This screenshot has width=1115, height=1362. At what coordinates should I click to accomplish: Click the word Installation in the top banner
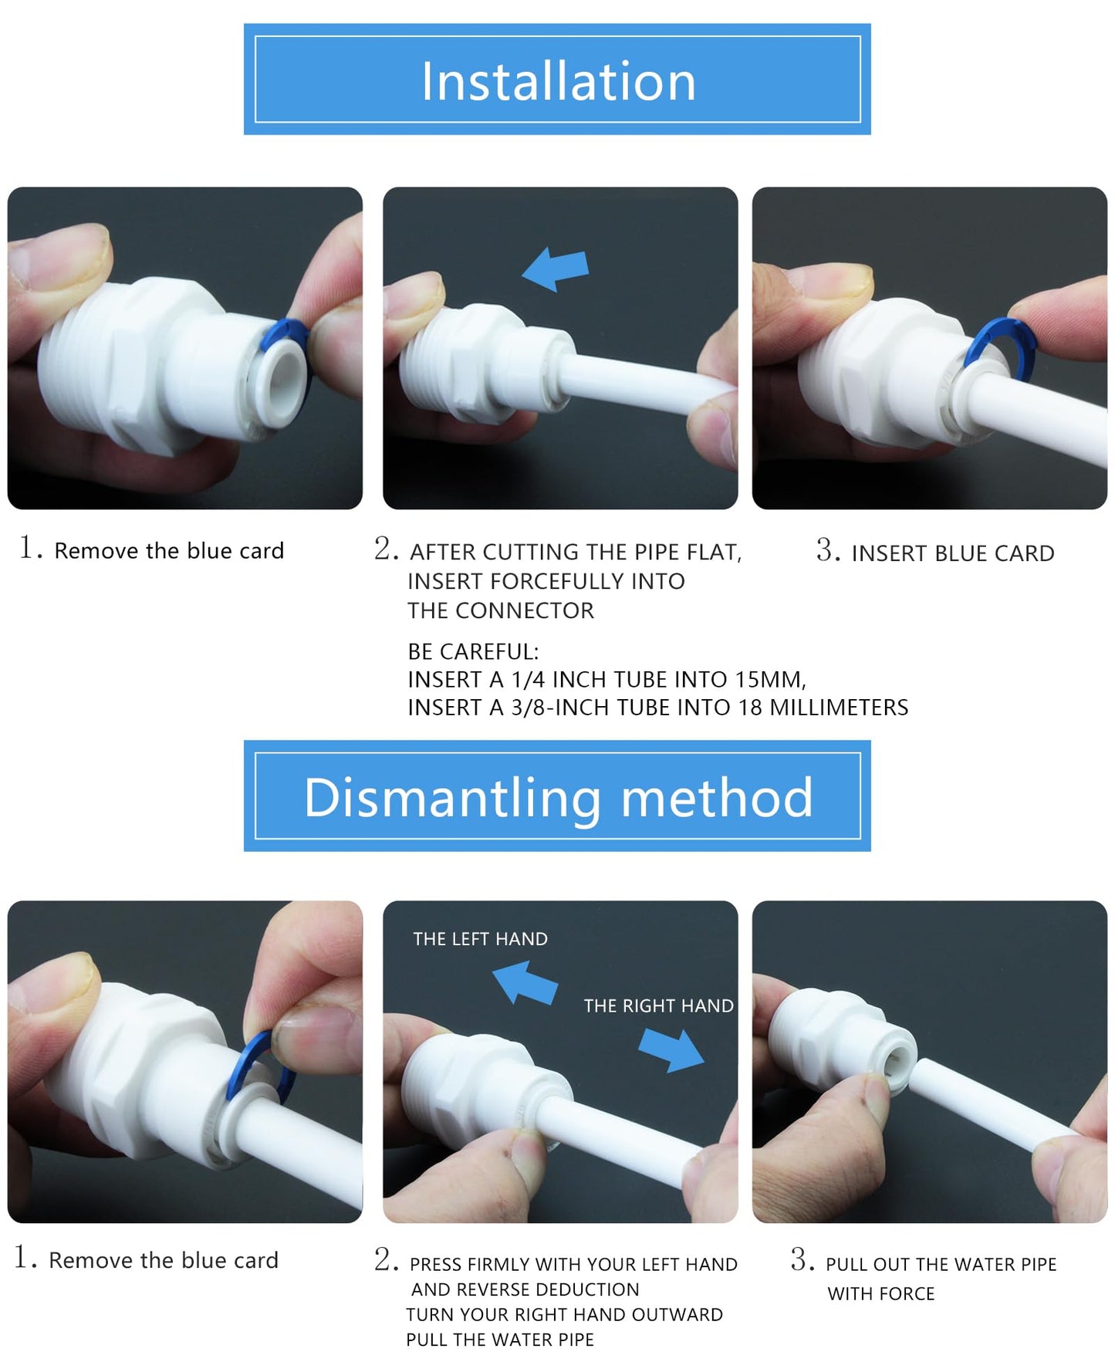[558, 81]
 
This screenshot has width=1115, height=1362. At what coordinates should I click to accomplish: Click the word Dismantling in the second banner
[452, 797]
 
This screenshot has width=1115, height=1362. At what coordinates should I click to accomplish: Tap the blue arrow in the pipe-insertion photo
[556, 269]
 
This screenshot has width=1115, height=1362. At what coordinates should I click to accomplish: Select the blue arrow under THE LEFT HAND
[525, 982]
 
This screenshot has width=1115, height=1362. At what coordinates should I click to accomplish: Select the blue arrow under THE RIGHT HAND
[671, 1049]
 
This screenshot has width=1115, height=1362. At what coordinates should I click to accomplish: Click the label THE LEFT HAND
[480, 939]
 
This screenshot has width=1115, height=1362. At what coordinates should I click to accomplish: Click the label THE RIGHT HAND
[658, 1005]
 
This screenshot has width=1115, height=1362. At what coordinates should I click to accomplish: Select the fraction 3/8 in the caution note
[527, 708]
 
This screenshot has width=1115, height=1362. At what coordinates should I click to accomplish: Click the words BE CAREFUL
[472, 652]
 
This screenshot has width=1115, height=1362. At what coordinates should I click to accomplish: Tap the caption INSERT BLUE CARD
[952, 553]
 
